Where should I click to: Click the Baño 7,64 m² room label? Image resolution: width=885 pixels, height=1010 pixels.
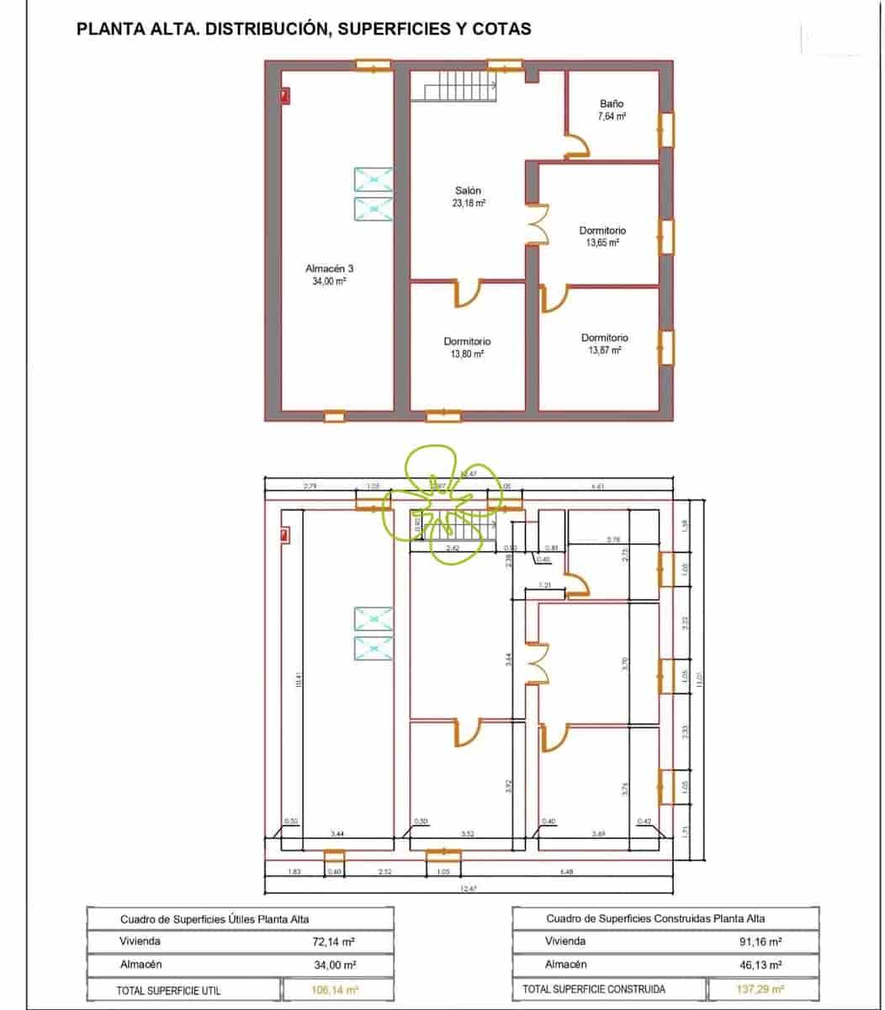[x=612, y=110]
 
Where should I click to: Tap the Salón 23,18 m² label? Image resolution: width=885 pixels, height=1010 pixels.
[x=468, y=197]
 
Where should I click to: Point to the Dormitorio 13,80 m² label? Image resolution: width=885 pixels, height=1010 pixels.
[x=467, y=348]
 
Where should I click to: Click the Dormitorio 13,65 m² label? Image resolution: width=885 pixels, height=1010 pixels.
[x=602, y=237]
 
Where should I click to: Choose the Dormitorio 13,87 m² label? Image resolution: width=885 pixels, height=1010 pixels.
[x=604, y=343]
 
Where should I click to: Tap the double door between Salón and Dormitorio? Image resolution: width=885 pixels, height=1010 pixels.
[x=537, y=225]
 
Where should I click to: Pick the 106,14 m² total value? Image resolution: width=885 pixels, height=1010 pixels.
[x=335, y=990]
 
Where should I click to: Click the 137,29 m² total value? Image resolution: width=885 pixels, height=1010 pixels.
[x=760, y=990]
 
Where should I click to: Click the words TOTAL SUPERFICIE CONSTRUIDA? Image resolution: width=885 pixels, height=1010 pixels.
[x=593, y=990]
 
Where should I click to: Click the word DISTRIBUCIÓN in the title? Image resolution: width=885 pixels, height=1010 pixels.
[x=263, y=29]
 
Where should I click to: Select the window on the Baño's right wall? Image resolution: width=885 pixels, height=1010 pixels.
[x=665, y=130]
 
